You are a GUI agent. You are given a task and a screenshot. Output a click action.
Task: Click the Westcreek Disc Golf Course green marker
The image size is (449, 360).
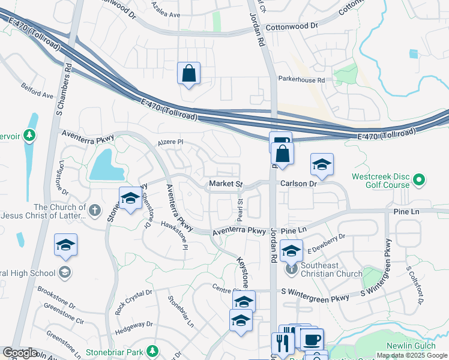click(x=420, y=179)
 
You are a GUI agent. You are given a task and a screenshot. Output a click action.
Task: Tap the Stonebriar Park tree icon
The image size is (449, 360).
click(x=153, y=350)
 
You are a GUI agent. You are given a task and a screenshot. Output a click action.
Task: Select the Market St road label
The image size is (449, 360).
click(x=225, y=183)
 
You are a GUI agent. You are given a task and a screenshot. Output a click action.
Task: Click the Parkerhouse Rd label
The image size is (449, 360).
click(x=301, y=79)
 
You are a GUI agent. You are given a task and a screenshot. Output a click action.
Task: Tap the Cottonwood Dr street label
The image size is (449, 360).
click(x=292, y=26)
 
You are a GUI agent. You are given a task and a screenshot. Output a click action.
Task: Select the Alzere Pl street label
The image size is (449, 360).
click(x=170, y=142)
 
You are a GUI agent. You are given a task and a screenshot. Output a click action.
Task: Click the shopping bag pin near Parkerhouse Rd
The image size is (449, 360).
click(x=188, y=74)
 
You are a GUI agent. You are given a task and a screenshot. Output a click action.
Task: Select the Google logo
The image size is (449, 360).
click(x=20, y=353)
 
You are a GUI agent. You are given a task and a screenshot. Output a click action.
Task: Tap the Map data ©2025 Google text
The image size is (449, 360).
click(x=412, y=355)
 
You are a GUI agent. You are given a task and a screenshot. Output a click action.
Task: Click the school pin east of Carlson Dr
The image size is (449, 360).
click(x=322, y=165)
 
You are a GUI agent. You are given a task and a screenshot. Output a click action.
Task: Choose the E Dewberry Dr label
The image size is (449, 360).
click(x=327, y=241)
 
